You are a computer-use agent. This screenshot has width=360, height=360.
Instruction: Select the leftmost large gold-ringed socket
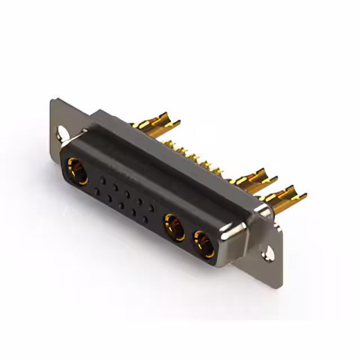click(77, 171)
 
